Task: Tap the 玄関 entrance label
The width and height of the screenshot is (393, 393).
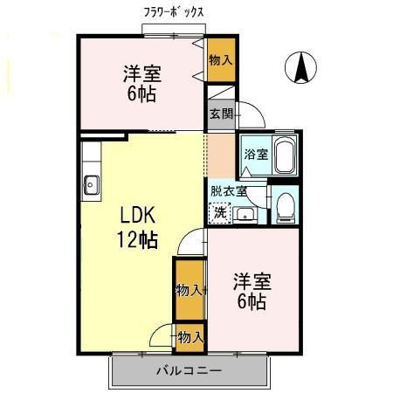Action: (x=219, y=114)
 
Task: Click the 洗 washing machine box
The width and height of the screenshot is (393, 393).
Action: (x=221, y=212)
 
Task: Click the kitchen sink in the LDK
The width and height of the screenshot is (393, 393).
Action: (x=92, y=185)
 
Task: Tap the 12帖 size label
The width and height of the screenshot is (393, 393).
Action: (x=138, y=240)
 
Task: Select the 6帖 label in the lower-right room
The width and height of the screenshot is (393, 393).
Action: (x=251, y=301)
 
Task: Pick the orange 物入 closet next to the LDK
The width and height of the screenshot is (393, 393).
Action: (x=189, y=290)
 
